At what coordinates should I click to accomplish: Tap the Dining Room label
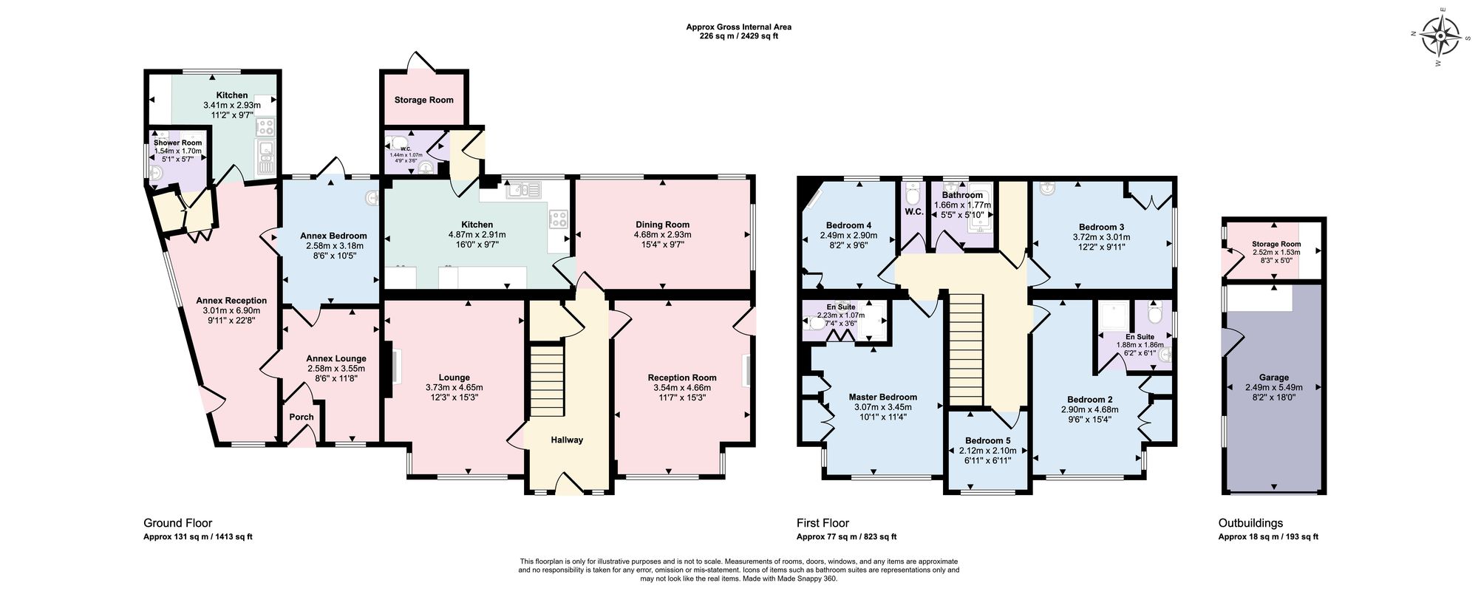662,225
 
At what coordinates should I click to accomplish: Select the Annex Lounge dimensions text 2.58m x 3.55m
336,369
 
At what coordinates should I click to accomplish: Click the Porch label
302,417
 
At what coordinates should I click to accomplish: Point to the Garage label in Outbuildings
1274,378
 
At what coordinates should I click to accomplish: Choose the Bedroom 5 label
987,440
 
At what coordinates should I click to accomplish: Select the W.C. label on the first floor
913,212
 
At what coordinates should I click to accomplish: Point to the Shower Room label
177,143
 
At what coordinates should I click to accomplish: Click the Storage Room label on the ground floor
423,100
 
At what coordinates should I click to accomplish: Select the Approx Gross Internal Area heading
738,27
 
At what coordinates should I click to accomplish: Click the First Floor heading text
823,523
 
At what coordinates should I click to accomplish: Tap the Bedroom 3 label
1101,227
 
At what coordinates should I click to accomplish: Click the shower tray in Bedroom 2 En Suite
1112,317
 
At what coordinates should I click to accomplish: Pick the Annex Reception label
231,301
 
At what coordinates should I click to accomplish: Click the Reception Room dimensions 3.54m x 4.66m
681,388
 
